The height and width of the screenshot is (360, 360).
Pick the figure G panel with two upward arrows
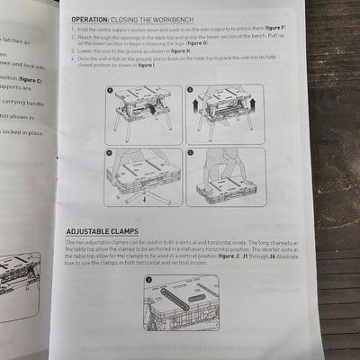coord(225,114)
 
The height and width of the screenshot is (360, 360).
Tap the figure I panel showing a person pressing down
coord(225,177)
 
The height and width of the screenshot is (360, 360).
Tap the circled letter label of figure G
coord(192,91)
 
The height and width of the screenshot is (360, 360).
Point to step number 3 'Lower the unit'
coord(71,52)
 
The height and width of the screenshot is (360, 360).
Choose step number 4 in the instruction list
coord(71,59)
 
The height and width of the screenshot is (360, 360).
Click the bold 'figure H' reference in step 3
coord(183,52)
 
